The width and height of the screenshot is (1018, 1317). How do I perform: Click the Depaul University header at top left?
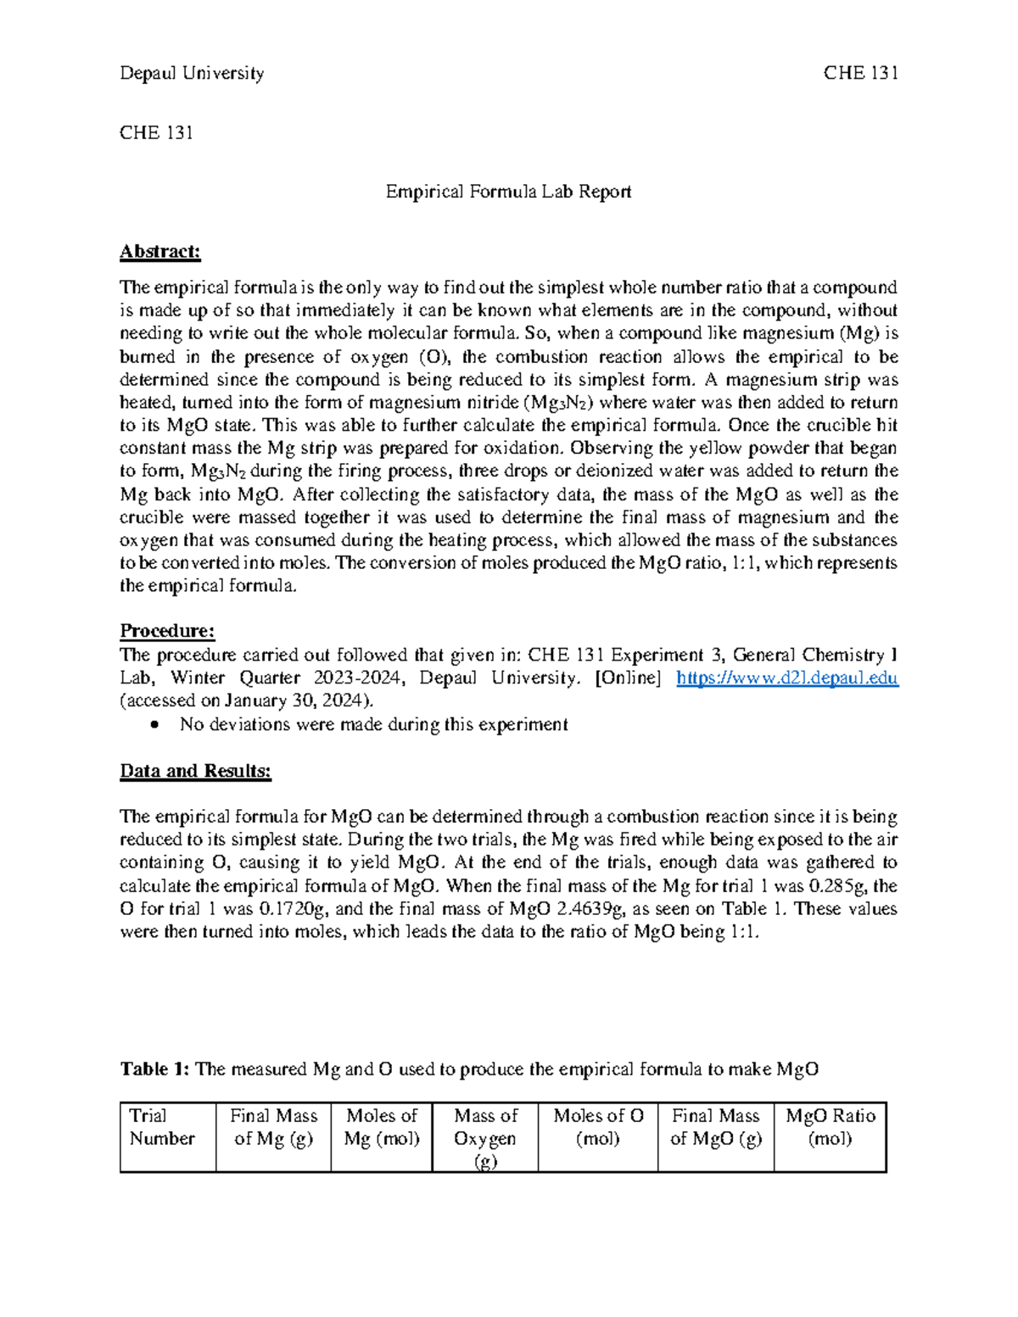click(192, 73)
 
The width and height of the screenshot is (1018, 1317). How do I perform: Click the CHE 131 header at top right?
click(860, 73)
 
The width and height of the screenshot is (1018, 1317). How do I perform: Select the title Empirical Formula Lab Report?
click(508, 192)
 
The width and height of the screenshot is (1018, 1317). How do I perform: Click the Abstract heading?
click(159, 251)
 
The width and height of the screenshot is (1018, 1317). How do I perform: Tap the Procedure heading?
click(167, 631)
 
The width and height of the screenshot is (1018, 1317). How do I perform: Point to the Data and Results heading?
click(195, 771)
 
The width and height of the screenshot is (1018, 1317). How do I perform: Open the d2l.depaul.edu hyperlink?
click(786, 678)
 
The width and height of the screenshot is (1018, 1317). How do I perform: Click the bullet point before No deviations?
click(154, 725)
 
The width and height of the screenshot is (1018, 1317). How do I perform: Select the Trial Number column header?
click(162, 1127)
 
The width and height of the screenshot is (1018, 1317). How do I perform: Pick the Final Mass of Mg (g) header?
click(273, 1127)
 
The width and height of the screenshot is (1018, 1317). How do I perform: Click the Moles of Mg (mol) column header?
click(382, 1127)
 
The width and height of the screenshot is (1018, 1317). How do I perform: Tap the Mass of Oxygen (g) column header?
click(485, 1138)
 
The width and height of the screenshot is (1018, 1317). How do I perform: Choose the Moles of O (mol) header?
click(598, 1127)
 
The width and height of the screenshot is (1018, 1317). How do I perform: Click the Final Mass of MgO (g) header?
click(715, 1127)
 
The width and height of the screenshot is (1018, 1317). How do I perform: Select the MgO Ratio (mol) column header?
click(830, 1127)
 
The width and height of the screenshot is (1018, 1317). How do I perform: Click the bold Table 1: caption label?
click(155, 1069)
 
